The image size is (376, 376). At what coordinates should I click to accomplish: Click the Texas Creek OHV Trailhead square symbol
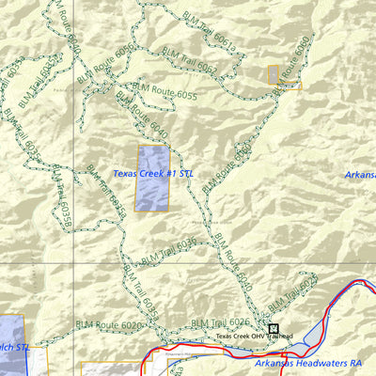274,329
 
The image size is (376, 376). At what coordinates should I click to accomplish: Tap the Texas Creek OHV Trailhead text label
254,337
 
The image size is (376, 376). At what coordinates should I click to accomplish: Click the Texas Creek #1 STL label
149,174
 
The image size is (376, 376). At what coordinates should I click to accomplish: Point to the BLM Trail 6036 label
168,251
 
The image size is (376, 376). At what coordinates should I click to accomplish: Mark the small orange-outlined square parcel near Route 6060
274,75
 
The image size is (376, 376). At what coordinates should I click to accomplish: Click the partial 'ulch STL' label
13,348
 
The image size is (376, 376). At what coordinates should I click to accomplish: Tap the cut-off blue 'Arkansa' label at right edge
360,175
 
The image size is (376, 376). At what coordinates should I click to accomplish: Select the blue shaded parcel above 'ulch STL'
11,329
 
